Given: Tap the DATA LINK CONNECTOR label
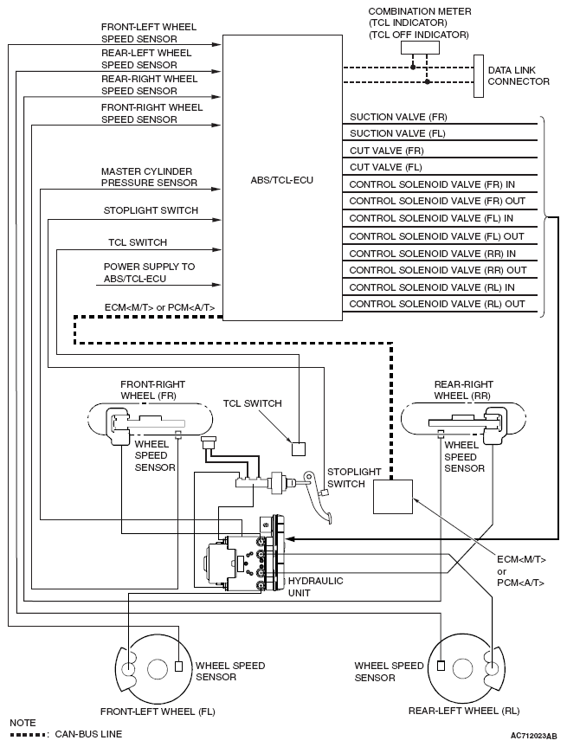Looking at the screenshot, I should (519, 75).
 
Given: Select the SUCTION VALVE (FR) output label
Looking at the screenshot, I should (398, 116).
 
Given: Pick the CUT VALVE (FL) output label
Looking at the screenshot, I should (385, 167).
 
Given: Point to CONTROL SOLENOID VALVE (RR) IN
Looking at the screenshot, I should (432, 253).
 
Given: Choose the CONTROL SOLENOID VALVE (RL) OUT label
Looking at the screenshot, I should (436, 304).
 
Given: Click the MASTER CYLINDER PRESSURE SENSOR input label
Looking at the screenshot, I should (148, 177).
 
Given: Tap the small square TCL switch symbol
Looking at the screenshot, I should (298, 448).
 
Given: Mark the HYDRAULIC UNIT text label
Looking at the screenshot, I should (315, 586).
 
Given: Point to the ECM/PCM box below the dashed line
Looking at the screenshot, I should (393, 497).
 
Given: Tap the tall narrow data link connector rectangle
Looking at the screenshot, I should (478, 75).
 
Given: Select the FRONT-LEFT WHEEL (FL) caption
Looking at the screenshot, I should (158, 711).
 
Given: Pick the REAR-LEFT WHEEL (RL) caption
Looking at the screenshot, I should (464, 711).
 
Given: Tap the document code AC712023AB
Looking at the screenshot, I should (534, 735).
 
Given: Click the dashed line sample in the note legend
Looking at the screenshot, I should (28, 734).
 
